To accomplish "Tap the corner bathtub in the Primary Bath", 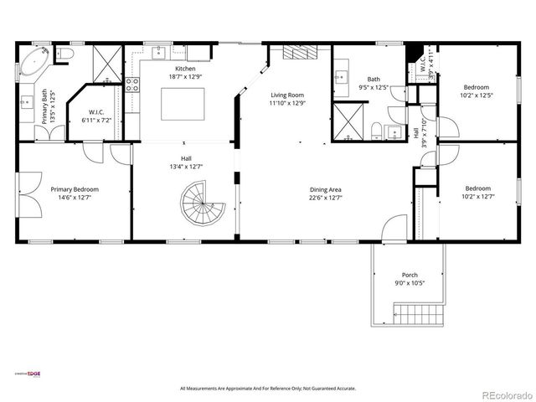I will pos(33,64).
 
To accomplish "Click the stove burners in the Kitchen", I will pos(131,85).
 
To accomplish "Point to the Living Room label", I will pos(286,95).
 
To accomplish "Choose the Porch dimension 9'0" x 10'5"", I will pos(410,282).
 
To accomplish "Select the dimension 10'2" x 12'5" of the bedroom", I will pos(477,95).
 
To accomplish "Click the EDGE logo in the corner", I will pos(33,374).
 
